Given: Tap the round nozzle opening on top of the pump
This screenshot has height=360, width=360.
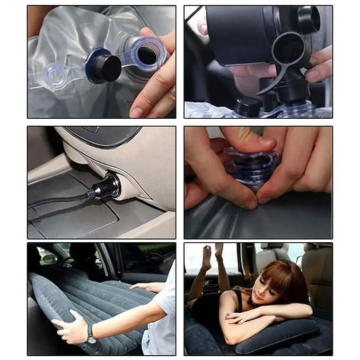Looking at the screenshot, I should tap(308, 20).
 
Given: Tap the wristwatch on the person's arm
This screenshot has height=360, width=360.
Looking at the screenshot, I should tap(92, 334).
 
